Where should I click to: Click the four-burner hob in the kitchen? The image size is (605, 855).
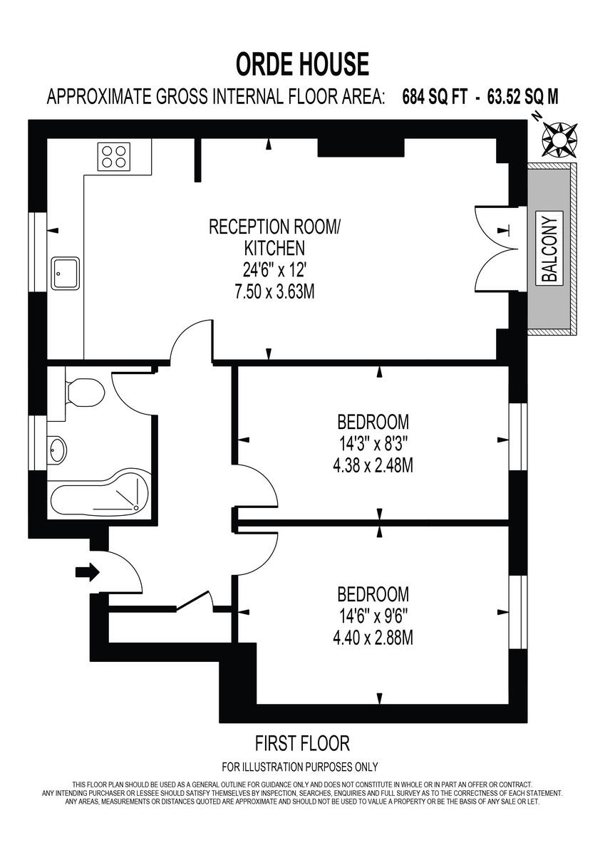click(115, 156)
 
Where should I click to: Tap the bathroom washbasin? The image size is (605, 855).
click(58, 449)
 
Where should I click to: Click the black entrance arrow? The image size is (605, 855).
click(88, 571)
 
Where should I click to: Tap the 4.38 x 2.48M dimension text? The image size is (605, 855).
click(373, 465)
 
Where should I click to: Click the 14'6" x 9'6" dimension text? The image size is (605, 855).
click(373, 616)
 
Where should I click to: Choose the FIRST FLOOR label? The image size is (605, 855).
click(302, 744)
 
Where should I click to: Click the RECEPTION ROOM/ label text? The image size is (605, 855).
click(274, 227)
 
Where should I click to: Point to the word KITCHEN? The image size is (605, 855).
click(274, 249)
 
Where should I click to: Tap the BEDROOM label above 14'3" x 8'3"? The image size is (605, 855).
click(373, 420)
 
